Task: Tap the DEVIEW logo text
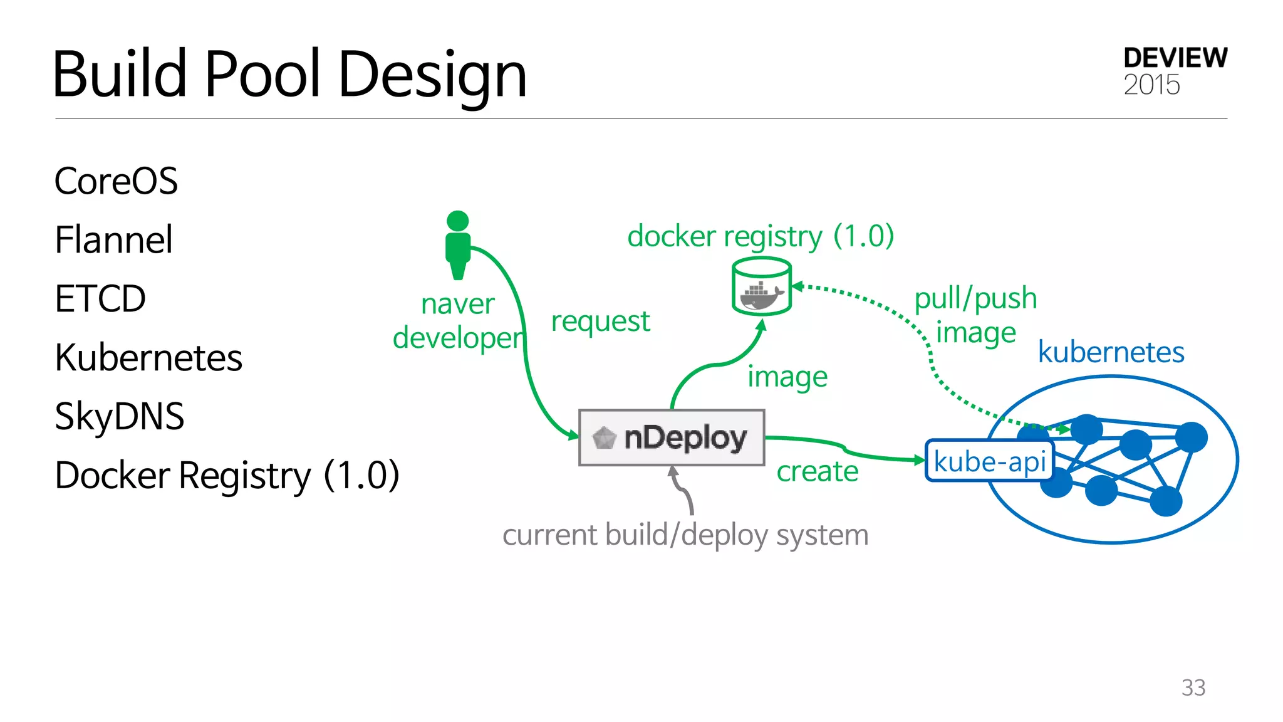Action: (1175, 58)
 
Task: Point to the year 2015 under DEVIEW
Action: (1151, 85)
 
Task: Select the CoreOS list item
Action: (116, 181)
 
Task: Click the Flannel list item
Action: (113, 239)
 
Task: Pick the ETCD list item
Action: (100, 298)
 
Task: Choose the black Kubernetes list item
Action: (148, 357)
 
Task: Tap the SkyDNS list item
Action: (119, 416)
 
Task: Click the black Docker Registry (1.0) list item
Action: (227, 475)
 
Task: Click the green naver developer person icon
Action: (458, 245)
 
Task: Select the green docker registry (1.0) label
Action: (761, 236)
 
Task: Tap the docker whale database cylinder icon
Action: (761, 287)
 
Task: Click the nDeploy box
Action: (672, 437)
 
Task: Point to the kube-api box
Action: (989, 461)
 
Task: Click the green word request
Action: (600, 322)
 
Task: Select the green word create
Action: (818, 471)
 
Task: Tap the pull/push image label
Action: (975, 315)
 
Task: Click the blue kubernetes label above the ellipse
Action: (1111, 352)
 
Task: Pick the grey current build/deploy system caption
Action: (685, 535)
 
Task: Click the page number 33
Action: (1193, 688)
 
